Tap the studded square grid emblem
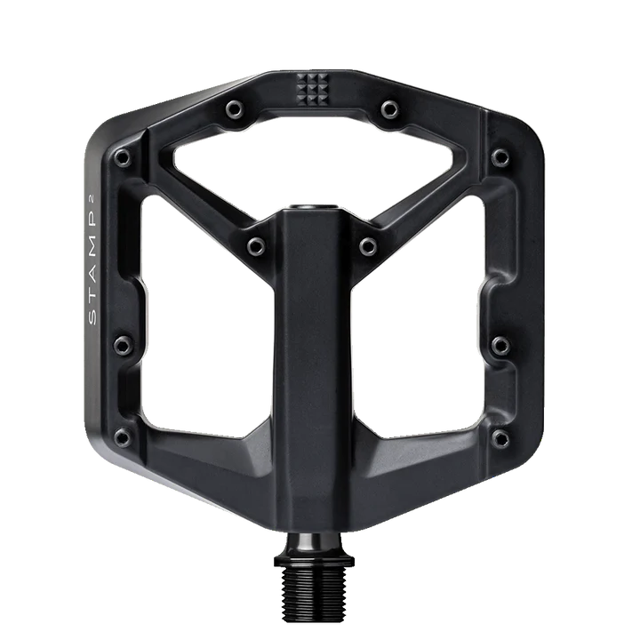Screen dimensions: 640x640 [x=312, y=90]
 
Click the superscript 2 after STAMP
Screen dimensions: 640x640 [x=92, y=199]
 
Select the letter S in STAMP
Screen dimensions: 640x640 [x=92, y=317]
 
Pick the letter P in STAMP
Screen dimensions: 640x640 [x=92, y=219]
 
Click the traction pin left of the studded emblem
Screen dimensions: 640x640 [x=235, y=109]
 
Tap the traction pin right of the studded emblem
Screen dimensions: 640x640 [x=389, y=109]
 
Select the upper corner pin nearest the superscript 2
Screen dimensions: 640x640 [x=122, y=157]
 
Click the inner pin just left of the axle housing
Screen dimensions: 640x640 [x=256, y=246]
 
